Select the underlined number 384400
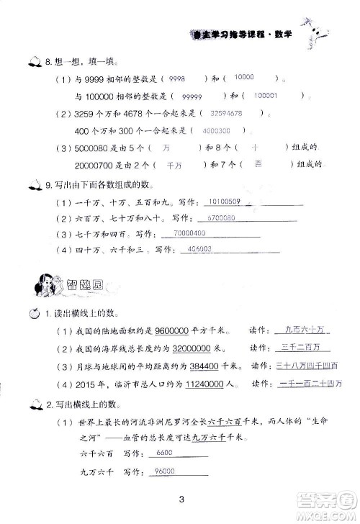click(x=189, y=365)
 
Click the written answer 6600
click(x=166, y=451)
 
